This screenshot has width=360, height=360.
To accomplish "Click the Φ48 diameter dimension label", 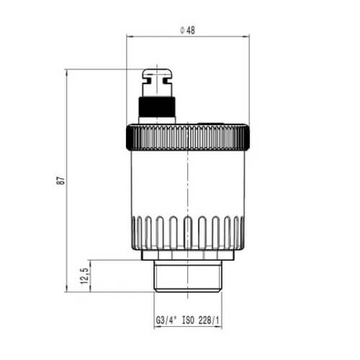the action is tap(187, 30).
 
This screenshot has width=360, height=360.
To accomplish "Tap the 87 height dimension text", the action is tap(62, 180).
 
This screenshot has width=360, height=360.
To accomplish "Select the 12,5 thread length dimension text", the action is tap(84, 276).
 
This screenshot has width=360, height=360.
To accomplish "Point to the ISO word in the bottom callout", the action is tap(188, 320).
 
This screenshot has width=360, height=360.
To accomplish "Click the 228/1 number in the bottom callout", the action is tap(209, 320).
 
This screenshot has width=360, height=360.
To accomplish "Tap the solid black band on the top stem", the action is tap(157, 107).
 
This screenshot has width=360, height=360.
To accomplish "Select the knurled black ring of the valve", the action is tap(188, 138).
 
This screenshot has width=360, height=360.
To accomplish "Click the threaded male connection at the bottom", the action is tap(188, 276).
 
